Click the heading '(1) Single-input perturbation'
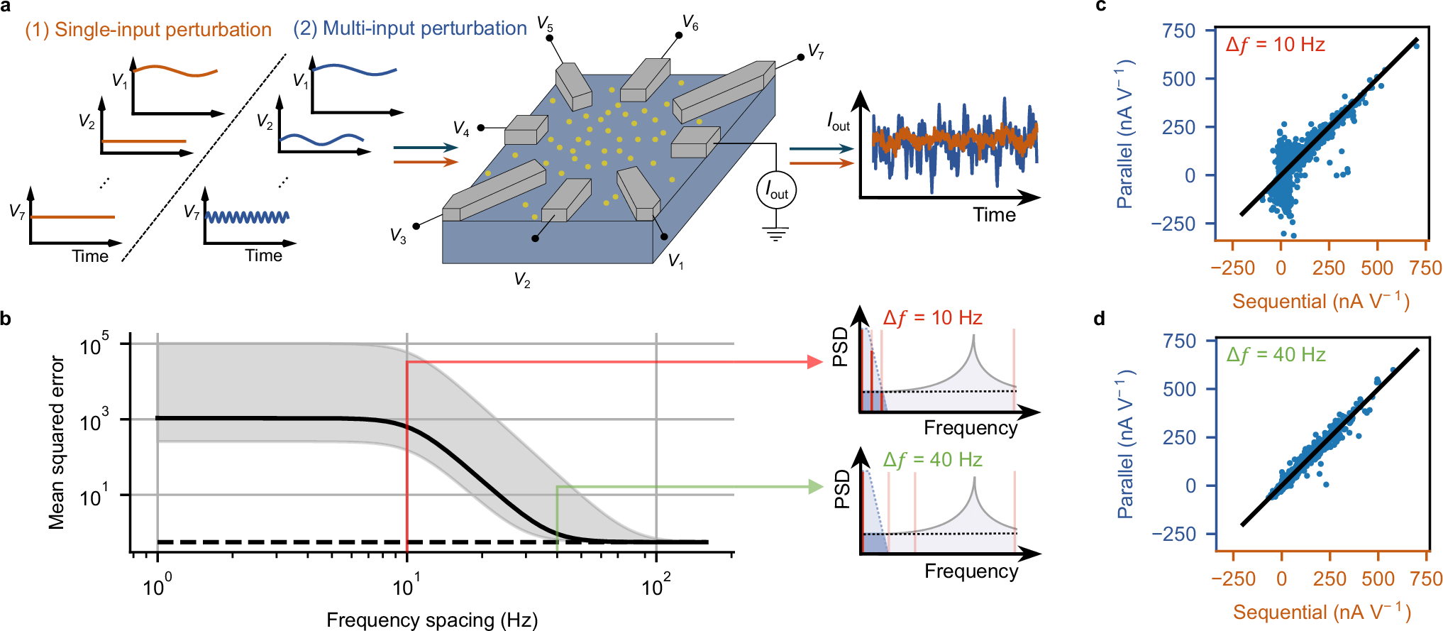pyautogui.click(x=148, y=30)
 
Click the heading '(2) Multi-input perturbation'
pyautogui.click(x=410, y=28)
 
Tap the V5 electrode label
pyautogui.click(x=545, y=23)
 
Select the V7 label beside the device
pyautogui.click(x=816, y=51)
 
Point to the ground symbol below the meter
pyautogui.click(x=777, y=234)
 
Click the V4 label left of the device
pyautogui.click(x=461, y=128)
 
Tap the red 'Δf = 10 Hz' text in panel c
pyautogui.click(x=1276, y=45)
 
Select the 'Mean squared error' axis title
pyautogui.click(x=56, y=443)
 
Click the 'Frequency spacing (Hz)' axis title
pyautogui.click(x=432, y=620)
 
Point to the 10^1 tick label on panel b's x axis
pyautogui.click(x=406, y=587)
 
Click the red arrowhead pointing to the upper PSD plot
pyautogui.click(x=815, y=361)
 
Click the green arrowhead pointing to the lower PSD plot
pyautogui.click(x=815, y=486)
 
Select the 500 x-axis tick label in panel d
pyautogui.click(x=1378, y=578)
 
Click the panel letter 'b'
pyautogui.click(x=6, y=319)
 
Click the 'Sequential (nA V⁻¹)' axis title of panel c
pyautogui.click(x=1321, y=301)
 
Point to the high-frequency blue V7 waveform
pyautogui.click(x=247, y=216)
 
